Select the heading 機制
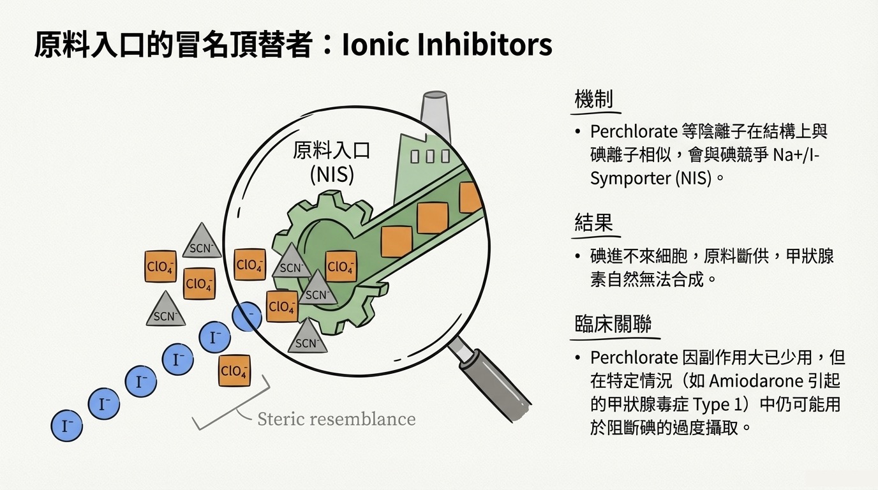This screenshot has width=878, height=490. click(593, 100)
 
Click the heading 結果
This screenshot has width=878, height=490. click(593, 223)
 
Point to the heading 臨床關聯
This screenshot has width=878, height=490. click(613, 324)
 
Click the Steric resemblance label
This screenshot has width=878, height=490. click(336, 419)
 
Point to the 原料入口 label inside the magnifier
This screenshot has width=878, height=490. click(332, 151)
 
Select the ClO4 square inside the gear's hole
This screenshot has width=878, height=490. click(341, 267)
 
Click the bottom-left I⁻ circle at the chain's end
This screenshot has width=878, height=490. click(67, 425)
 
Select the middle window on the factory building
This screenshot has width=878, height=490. click(429, 156)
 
